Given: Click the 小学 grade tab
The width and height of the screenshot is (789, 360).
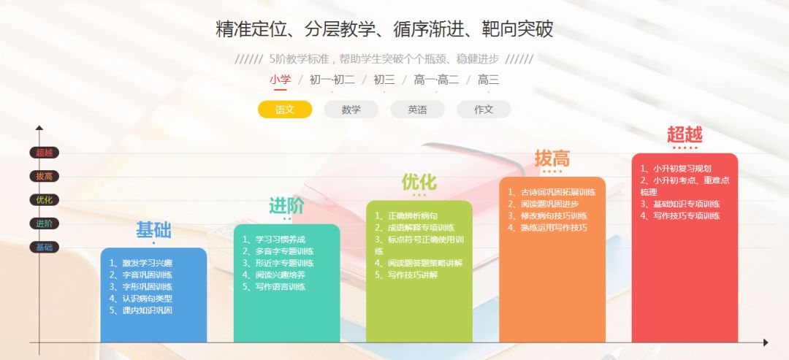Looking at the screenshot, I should point(280,80).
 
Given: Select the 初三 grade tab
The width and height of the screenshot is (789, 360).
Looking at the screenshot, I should point(384,80).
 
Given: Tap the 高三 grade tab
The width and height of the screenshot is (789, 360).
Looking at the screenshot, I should point(488,80).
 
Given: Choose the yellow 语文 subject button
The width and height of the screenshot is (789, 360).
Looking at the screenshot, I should point(285,110).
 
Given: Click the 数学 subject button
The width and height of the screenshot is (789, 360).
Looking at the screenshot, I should point(351,110).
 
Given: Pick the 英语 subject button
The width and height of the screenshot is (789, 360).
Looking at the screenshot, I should point(417,110).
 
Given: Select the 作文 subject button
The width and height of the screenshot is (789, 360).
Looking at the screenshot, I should point(484,110).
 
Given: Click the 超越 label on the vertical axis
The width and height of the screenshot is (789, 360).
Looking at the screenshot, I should point(44,153).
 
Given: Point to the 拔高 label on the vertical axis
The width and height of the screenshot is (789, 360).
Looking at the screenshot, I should point(44,176).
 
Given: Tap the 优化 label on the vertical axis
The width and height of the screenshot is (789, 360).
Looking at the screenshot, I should point(44,200).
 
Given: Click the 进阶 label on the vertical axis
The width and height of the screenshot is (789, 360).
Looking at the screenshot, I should point(44,223).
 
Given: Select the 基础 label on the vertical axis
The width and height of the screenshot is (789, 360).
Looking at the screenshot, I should point(44,248).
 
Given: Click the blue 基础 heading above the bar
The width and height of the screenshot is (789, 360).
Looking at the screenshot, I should point(153,231).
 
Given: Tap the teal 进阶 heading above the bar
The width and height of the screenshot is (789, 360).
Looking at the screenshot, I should point(286,206).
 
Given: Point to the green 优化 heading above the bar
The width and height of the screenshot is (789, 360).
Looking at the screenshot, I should point(419,182).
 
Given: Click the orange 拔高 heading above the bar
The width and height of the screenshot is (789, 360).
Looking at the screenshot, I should point(552,158).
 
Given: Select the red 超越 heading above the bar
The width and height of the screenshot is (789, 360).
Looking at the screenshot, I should point(685,135).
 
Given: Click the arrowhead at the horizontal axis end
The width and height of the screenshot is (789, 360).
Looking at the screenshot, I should point(765,342).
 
